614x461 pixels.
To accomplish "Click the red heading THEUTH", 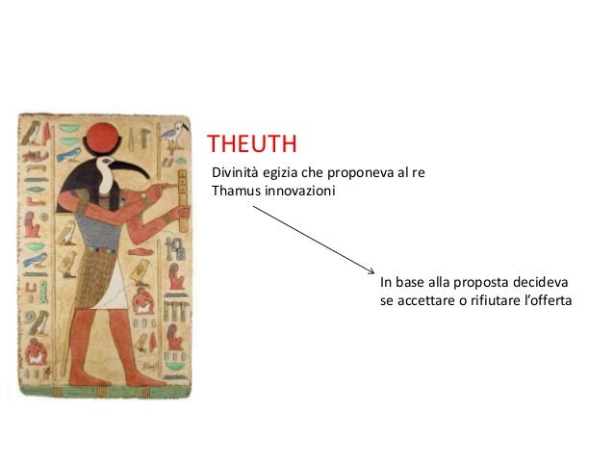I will (251, 145).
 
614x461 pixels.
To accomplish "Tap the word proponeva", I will (348, 172).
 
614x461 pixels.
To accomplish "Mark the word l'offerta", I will (550, 299).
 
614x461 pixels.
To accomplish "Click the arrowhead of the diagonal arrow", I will (371, 270).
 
